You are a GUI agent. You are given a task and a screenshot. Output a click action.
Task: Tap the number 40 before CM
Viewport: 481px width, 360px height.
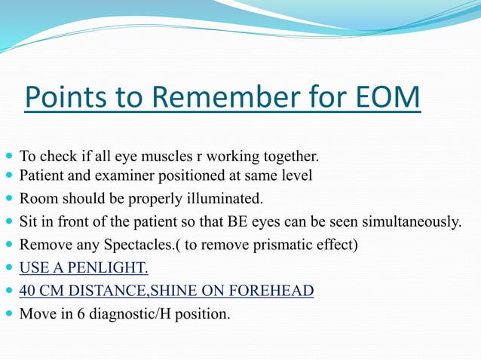pos(28,291)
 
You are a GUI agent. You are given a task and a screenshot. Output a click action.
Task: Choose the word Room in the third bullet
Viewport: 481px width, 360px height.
pos(35,199)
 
